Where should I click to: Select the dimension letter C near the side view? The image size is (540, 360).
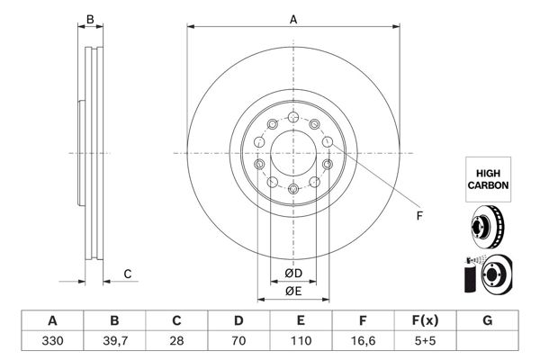(x=128, y=274)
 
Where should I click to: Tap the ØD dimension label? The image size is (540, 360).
(x=292, y=274)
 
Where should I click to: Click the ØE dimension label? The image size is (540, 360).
(x=292, y=290)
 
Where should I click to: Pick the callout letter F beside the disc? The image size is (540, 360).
(x=418, y=216)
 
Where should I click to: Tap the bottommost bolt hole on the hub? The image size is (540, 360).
(x=293, y=188)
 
